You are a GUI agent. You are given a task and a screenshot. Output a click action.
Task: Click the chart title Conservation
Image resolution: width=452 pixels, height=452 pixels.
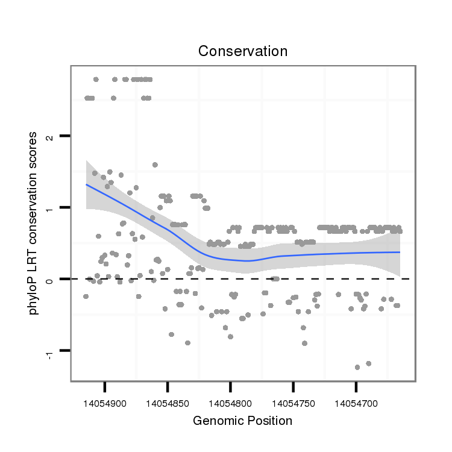tap(243, 51)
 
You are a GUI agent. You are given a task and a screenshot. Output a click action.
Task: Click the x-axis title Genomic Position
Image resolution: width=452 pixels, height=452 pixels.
tap(242, 421)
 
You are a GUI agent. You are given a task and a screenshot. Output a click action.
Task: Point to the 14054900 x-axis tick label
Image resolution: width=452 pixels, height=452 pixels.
tap(105, 400)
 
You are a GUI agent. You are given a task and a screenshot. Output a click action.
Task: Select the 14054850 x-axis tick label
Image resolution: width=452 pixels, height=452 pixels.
tap(168, 400)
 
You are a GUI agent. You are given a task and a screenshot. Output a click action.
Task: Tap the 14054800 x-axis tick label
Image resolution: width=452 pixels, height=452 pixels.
tap(230, 400)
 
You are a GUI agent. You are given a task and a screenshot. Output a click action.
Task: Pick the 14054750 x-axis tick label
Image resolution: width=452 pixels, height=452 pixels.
tap(293, 400)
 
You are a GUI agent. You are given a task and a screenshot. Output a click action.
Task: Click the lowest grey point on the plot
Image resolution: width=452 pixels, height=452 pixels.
tap(357, 367)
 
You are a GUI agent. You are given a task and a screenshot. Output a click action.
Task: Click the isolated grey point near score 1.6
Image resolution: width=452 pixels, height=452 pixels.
tap(155, 165)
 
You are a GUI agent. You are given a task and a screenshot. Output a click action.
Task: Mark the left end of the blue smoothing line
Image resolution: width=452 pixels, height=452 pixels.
tap(86, 184)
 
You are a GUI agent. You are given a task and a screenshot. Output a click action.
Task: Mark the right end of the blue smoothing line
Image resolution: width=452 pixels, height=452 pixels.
tap(400, 252)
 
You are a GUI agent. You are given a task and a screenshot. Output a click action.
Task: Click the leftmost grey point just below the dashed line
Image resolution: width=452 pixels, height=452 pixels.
tap(86, 297)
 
